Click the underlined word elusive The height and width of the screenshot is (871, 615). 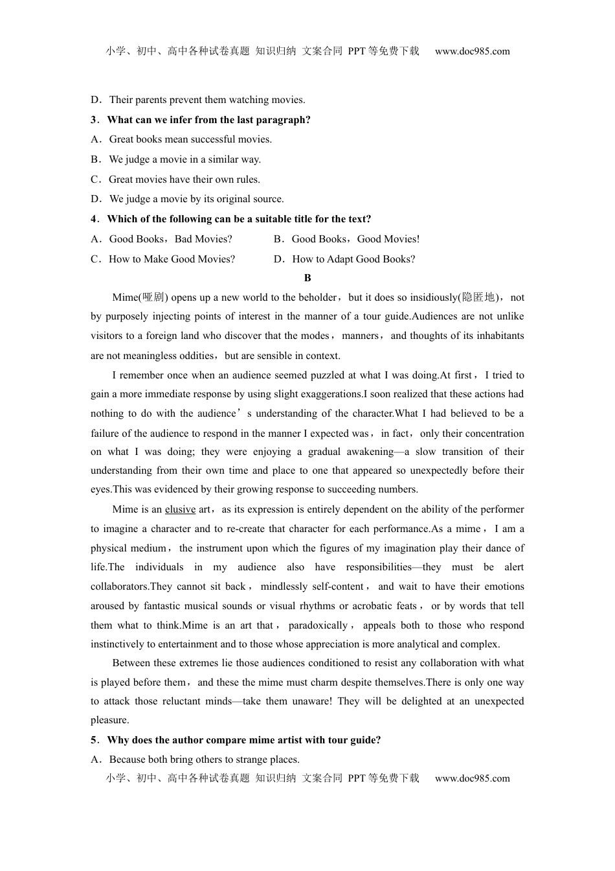coord(180,509)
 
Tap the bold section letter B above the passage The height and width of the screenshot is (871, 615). coord(307,278)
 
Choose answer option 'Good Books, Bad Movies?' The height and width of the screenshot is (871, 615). coord(170,239)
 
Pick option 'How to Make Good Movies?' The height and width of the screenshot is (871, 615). coord(172,259)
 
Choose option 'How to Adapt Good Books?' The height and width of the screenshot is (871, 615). coord(353,259)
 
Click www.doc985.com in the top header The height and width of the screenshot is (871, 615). coord(472,51)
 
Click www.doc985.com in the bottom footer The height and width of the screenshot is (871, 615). coord(472,778)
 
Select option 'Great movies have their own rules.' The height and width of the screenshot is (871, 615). coord(184,180)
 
